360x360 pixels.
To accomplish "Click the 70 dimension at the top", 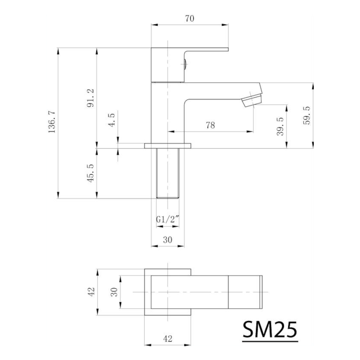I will [190, 19].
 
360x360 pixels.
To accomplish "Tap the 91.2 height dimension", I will [91, 98].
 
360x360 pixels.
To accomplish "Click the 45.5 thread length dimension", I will [91, 172].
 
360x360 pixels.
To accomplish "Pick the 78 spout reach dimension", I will [210, 125].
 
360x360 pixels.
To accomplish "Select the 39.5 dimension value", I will [280, 127].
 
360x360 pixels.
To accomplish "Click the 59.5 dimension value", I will [307, 115].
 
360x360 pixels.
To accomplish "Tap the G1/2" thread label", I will [167, 219].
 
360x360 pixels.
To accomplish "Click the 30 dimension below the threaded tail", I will [167, 239].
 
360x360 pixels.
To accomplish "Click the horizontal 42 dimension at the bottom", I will [168, 339].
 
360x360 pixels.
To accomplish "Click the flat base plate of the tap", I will [167, 146].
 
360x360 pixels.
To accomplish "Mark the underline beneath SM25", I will [270, 341].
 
